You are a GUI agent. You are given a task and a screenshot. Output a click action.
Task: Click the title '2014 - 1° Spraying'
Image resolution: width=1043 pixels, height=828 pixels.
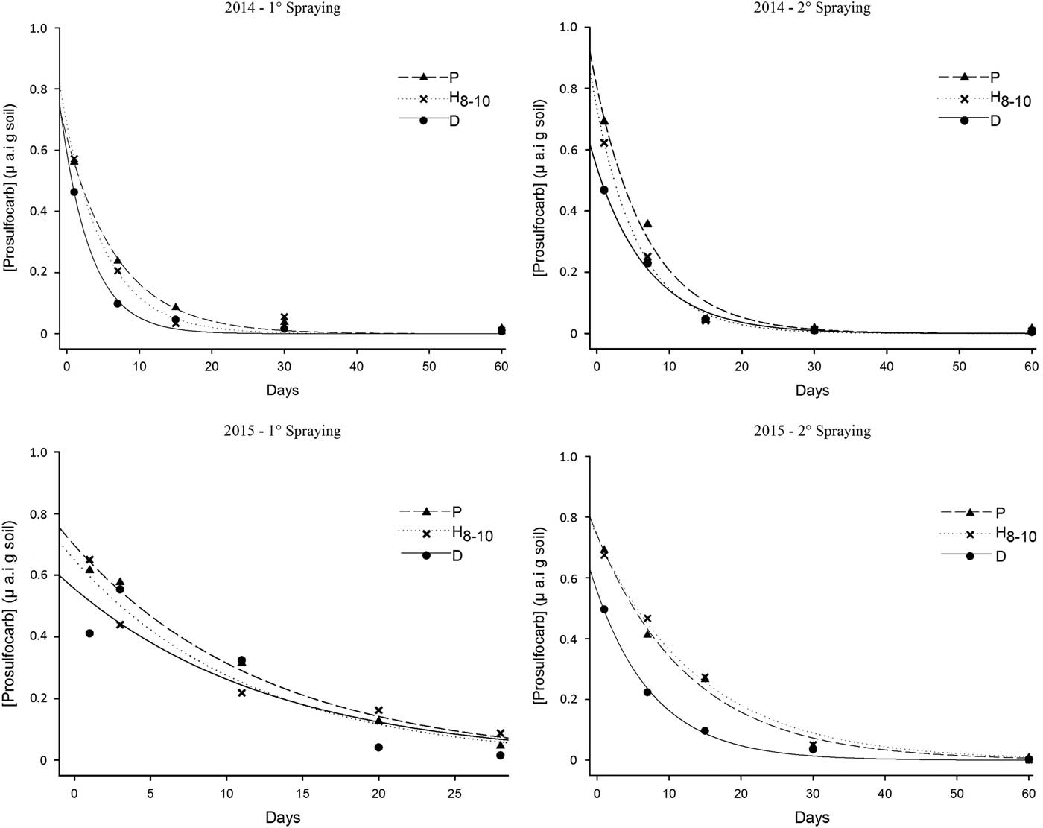(x=282, y=8)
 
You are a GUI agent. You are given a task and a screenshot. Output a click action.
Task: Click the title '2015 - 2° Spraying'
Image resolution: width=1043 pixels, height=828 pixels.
(x=812, y=431)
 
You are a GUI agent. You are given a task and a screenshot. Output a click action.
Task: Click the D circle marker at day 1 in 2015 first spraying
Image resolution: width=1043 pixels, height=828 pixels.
(x=89, y=633)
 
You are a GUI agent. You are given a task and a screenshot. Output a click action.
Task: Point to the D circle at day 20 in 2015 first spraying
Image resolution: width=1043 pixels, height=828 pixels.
(x=378, y=747)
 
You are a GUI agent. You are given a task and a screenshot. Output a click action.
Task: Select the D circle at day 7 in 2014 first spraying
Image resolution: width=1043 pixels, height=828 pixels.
(x=118, y=303)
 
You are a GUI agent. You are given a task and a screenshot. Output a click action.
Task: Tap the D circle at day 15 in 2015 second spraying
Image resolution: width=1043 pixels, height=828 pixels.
(x=705, y=730)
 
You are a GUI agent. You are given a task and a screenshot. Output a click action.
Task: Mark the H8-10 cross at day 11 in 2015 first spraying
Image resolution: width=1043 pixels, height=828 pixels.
(x=241, y=692)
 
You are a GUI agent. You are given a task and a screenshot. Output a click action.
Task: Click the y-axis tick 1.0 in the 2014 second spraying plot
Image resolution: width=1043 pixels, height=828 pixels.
(x=568, y=28)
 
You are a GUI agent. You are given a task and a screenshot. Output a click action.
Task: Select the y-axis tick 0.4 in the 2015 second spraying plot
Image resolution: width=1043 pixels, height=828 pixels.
(x=568, y=639)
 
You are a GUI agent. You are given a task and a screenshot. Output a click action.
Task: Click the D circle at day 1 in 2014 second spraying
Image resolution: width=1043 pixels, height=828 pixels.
(x=604, y=190)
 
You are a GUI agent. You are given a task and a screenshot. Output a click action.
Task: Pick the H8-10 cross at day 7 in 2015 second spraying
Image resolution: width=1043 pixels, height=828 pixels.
(x=647, y=619)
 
